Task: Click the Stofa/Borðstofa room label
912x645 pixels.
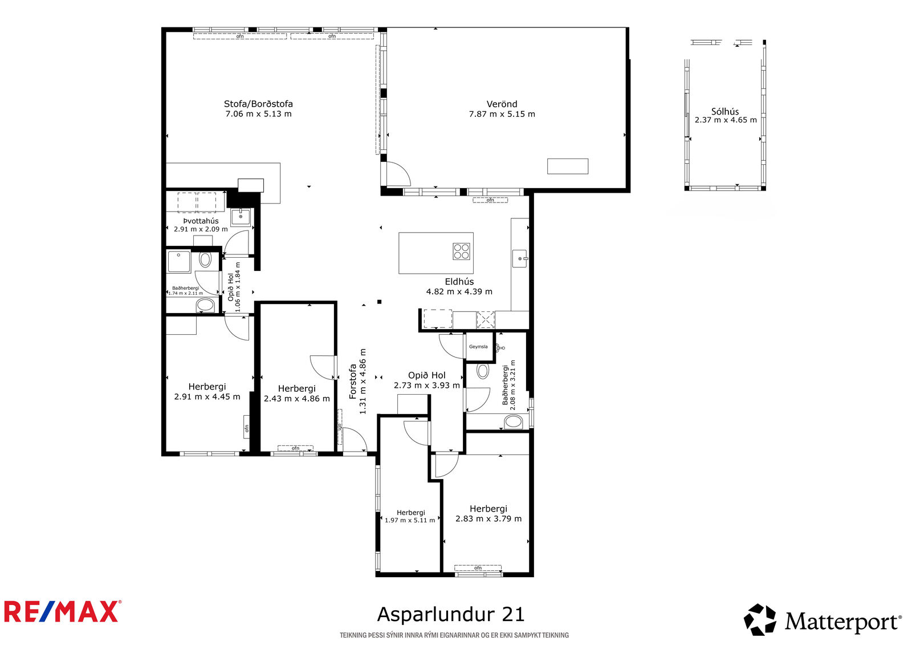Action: coord(258,104)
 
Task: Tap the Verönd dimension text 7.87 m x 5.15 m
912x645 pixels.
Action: coord(502,114)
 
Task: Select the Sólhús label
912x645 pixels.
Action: coord(725,111)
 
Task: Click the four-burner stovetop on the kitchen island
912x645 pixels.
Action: coord(461,251)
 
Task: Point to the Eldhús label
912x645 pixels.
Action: coord(459,282)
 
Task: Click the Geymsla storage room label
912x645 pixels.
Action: coord(478,347)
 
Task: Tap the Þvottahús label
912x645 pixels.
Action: coord(201,221)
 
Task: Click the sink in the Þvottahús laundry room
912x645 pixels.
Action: coord(241,217)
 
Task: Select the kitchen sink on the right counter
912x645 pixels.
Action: coord(520,258)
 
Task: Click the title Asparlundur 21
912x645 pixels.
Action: coord(451,614)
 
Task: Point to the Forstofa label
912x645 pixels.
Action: coord(353,382)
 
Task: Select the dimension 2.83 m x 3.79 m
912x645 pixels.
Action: coord(488,519)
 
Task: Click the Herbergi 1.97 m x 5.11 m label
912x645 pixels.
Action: coord(410,516)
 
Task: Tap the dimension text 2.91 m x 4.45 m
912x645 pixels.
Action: coord(207,396)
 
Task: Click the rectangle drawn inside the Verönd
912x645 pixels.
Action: coord(568,167)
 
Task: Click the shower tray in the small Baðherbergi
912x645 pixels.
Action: coord(179,262)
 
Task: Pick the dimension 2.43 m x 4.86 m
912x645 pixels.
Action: coord(297,399)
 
